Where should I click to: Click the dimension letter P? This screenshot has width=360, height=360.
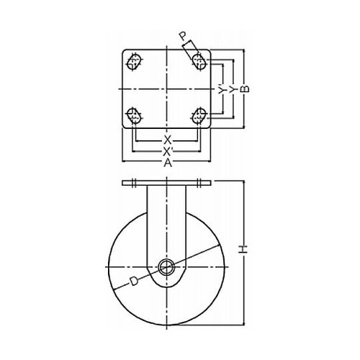pos(183,37)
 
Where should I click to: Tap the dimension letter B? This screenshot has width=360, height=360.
pos(245,89)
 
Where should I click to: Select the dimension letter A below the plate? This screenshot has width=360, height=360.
pos(168,163)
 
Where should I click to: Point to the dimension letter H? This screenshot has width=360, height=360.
pos(244,249)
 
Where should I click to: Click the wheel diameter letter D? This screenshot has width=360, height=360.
pos(133,281)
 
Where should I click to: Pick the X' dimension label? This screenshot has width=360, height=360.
pos(167,151)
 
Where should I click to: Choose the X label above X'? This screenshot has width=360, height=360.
pos(168,140)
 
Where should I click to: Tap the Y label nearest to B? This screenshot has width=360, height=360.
pos(233,89)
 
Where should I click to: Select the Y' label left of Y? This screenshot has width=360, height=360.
pos(222,89)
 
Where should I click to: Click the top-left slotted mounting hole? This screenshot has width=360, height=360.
pos(134,62)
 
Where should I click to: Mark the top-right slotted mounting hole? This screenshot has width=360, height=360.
pos(199,62)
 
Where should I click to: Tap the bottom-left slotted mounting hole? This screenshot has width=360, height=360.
pos(134,116)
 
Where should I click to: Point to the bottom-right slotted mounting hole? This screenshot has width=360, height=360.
pos(199,116)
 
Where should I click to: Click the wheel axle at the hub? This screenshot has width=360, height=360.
pos(166,267)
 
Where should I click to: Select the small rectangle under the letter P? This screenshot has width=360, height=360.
pos(191,49)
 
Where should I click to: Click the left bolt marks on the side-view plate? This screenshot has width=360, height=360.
pos(134,183)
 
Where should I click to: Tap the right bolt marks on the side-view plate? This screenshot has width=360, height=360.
pos(199,183)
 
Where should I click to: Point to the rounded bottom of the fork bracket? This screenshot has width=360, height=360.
pos(166,286)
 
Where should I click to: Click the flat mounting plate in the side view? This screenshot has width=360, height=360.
pos(166,183)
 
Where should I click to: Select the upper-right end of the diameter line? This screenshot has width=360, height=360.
pos(220,245)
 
